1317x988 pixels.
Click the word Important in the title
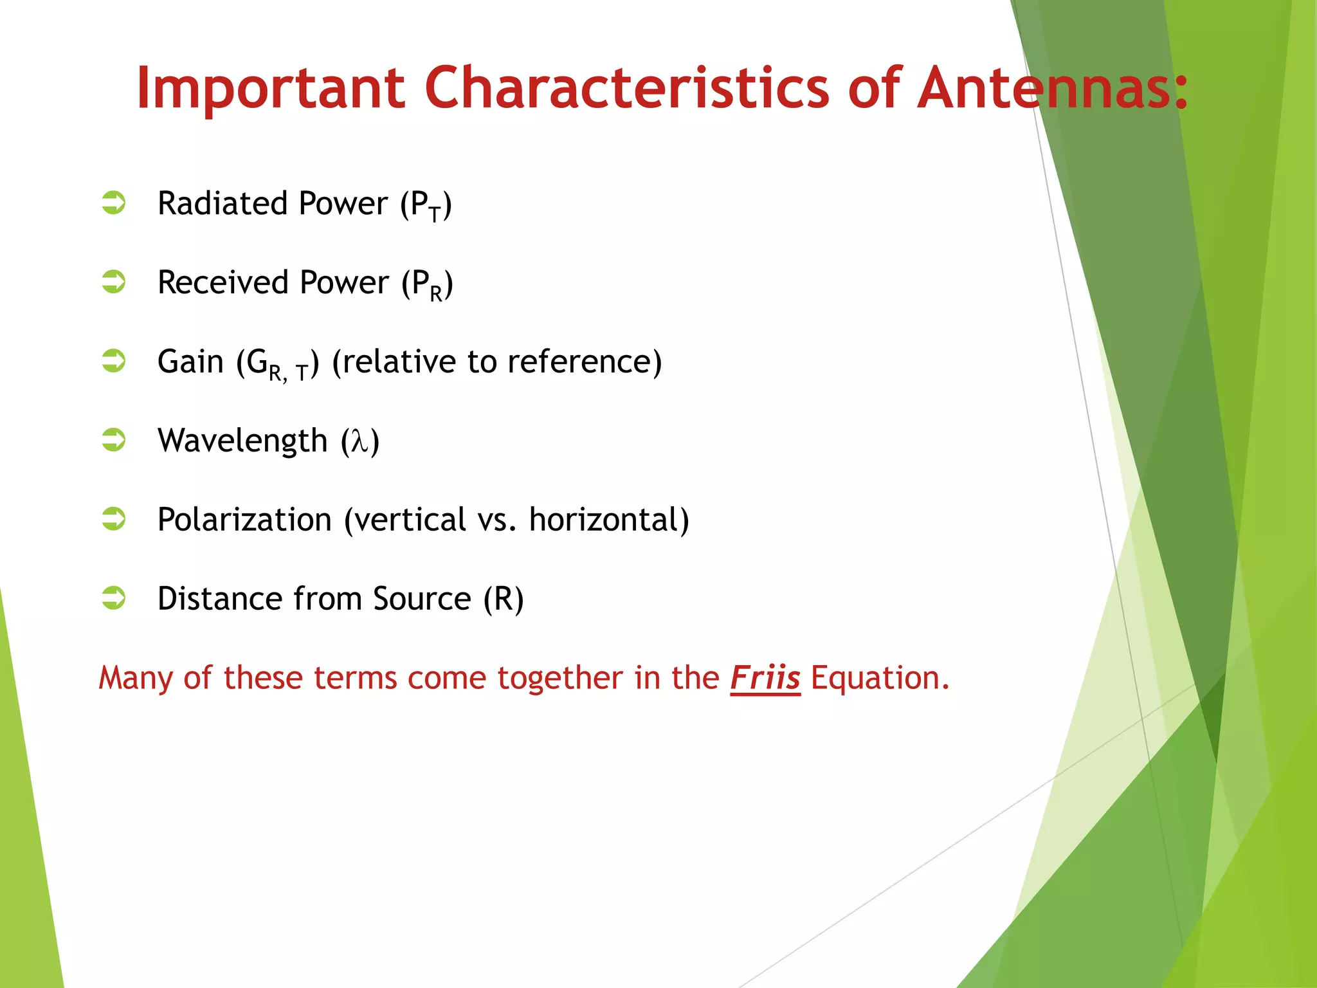tap(270, 89)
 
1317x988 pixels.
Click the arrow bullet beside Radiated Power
tap(114, 203)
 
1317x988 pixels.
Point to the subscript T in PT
tap(435, 214)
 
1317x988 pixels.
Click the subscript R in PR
tap(436, 294)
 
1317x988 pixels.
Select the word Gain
tap(190, 361)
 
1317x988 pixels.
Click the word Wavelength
tap(242, 441)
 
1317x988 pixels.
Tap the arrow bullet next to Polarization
tap(114, 518)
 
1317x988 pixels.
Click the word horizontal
tap(604, 519)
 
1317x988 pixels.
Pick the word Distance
tap(219, 598)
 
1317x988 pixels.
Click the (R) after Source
tap(504, 598)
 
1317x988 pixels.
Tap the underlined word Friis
tap(765, 678)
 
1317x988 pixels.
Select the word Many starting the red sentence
tap(136, 678)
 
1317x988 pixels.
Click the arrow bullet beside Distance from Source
tap(114, 598)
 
